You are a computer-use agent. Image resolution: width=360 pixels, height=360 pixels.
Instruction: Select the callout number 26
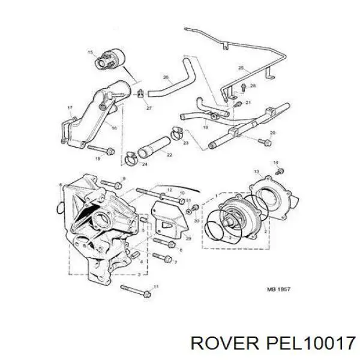click(x=166, y=77)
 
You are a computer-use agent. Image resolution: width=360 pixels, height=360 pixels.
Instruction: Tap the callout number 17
click(x=70, y=108)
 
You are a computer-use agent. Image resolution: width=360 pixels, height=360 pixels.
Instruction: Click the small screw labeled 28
click(x=242, y=88)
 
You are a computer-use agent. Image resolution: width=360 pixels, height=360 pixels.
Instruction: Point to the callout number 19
click(x=205, y=127)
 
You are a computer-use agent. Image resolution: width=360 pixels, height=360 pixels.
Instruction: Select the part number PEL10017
click(x=303, y=343)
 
